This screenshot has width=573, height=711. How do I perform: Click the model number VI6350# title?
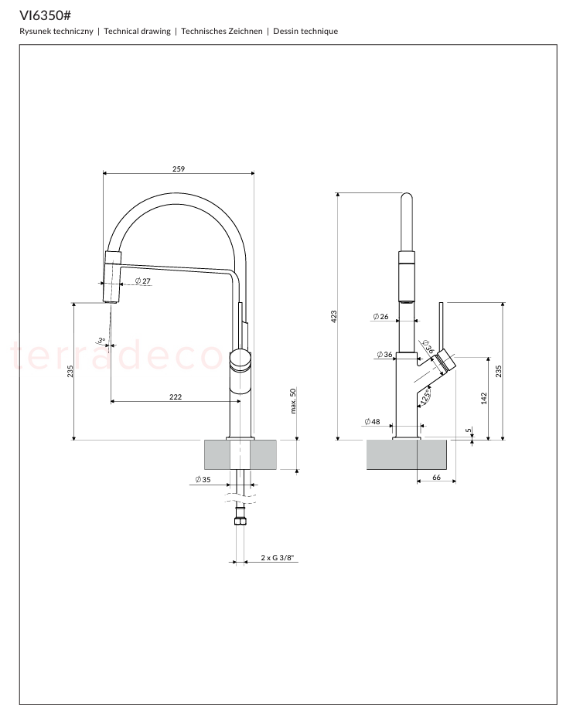click(x=45, y=16)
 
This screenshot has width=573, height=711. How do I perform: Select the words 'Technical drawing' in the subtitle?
click(x=137, y=31)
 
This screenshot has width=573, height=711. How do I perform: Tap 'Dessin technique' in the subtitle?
click(x=305, y=31)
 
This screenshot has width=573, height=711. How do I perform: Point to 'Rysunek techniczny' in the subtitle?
click(x=56, y=31)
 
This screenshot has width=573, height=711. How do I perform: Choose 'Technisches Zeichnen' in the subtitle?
click(x=222, y=31)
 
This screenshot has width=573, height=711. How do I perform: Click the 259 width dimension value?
click(x=179, y=168)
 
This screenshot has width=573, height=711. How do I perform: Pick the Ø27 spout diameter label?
click(x=143, y=281)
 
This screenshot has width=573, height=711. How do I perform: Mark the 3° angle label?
click(x=101, y=340)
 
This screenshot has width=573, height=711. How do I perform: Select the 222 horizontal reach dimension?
click(x=176, y=396)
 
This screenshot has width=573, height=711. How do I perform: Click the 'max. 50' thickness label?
click(x=293, y=401)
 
